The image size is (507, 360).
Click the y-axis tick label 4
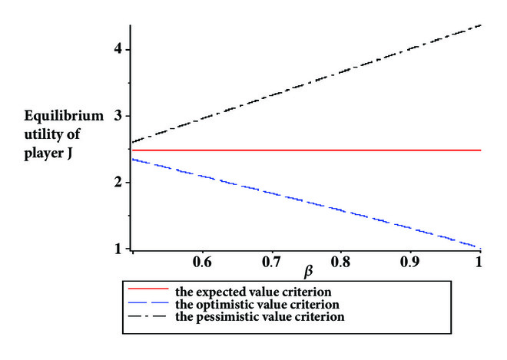coord(119,49)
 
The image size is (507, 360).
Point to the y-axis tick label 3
coord(119,116)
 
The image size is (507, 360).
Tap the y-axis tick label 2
coord(119,183)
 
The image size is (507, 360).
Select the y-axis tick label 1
coord(119,249)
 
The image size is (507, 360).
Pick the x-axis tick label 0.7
coord(271,262)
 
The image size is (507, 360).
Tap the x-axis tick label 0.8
coord(340,262)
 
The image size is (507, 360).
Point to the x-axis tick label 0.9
coord(410,262)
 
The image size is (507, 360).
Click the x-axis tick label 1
coord(479,262)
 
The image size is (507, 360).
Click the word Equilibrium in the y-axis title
coord(62,116)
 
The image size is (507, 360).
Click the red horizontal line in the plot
coord(307,150)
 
